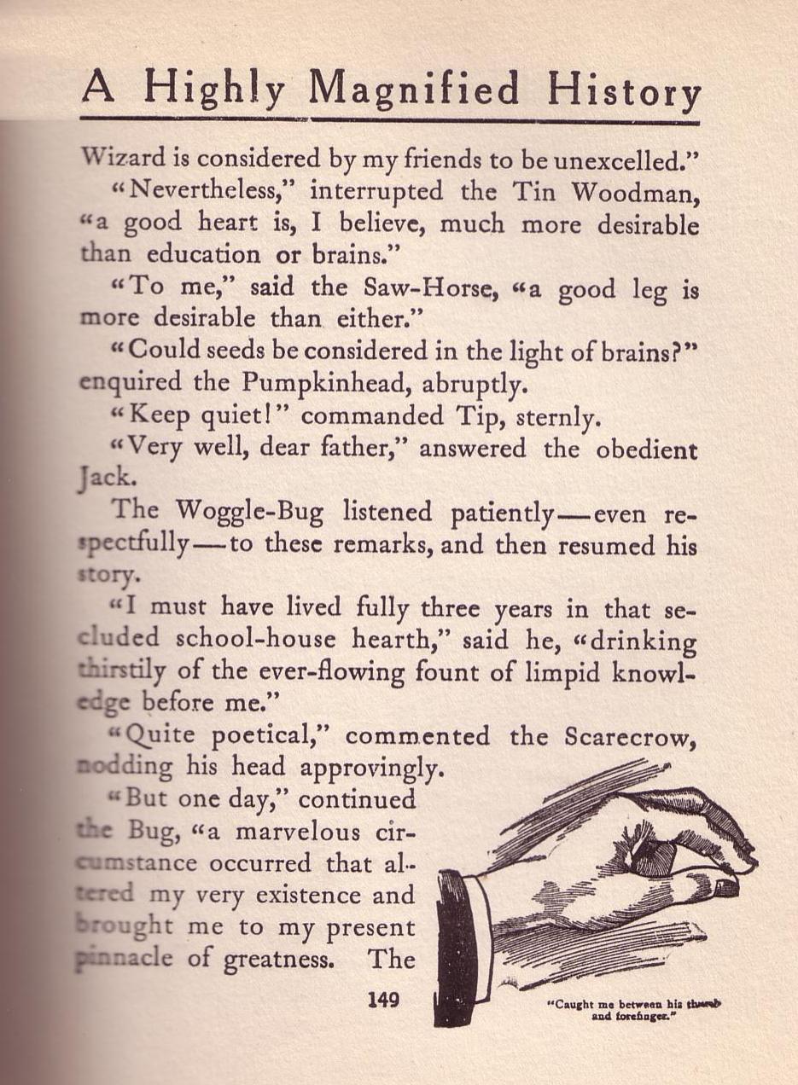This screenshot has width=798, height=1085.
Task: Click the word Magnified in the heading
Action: click(415, 89)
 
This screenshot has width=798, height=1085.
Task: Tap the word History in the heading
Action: click(624, 90)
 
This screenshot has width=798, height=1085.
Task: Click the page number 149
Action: click(383, 999)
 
